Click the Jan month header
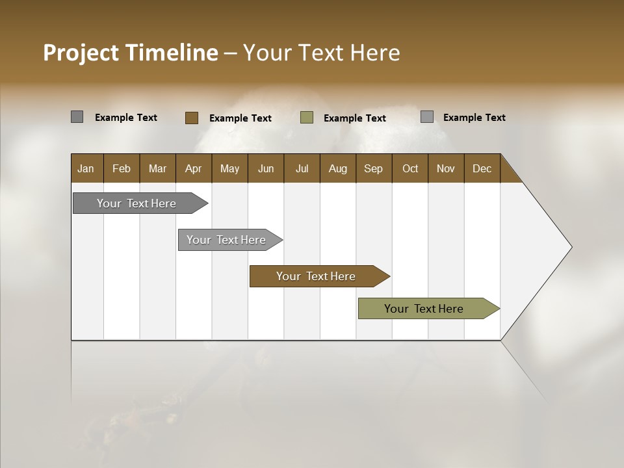pos(86,168)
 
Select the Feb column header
pos(122,168)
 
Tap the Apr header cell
pos(193,168)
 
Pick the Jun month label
pos(266,168)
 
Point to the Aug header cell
pos(337,168)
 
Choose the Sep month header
pos(373,168)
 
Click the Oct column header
pos(410,168)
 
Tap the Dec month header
pos(482,168)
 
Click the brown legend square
pos(191,118)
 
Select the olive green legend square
pos(307,118)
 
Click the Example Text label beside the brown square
pos(240,118)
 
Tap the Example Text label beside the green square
pos(355,118)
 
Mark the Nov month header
pos(446,168)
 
